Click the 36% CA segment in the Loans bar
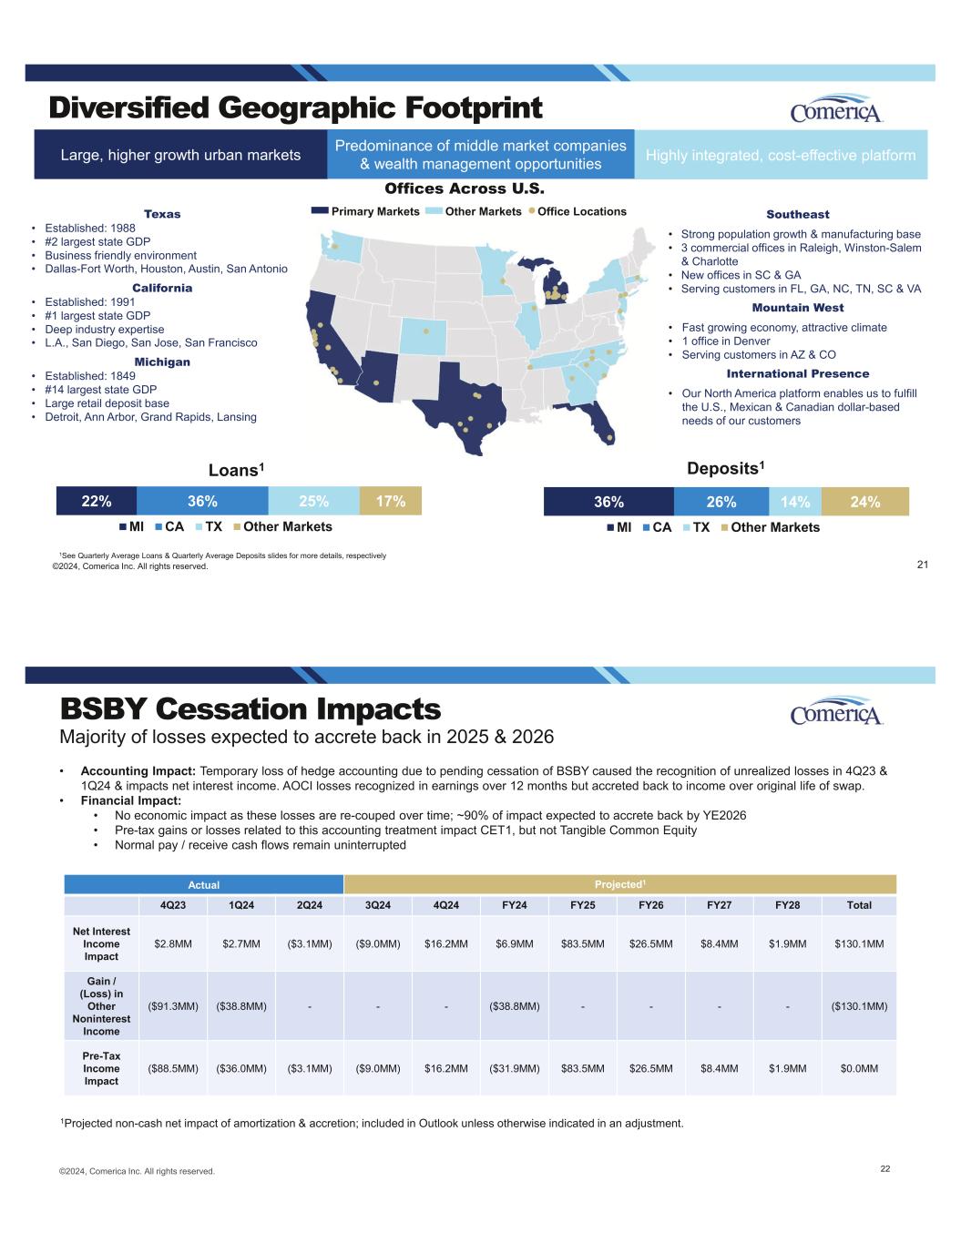point(202,501)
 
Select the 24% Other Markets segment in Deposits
point(864,502)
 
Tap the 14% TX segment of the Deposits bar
point(795,502)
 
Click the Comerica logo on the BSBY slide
point(836,712)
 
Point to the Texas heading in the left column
point(162,214)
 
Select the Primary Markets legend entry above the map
point(365,211)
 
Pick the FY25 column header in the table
point(583,905)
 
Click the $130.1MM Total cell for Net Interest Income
point(859,943)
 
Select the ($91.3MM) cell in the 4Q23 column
point(173,1006)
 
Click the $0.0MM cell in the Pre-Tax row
point(859,1068)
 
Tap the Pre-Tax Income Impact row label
point(101,1068)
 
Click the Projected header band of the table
point(619,884)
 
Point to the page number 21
point(922,565)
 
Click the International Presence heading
point(797,374)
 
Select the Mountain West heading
point(797,308)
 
